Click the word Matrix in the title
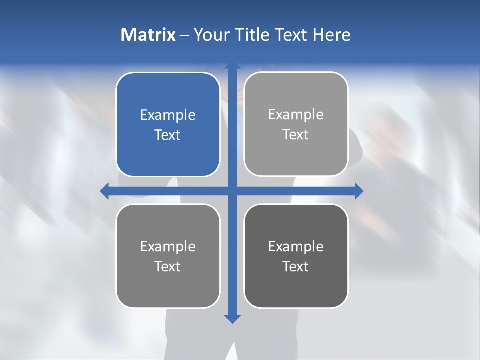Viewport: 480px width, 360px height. tap(148, 35)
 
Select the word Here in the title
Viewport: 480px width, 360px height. tap(331, 35)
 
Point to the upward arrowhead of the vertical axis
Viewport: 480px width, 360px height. tap(232, 66)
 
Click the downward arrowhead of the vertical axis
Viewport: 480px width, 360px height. tap(232, 318)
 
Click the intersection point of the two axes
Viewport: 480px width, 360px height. tap(232, 191)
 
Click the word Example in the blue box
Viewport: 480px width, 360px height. tap(168, 115)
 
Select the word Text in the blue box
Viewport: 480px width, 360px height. tap(168, 135)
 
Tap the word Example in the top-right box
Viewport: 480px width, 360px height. tap(296, 115)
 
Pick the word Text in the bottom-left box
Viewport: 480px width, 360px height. tap(168, 267)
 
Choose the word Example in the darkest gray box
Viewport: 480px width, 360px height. tap(296, 247)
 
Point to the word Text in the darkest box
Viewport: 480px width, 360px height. tap(296, 267)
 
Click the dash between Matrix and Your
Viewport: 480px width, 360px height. tap(184, 35)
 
